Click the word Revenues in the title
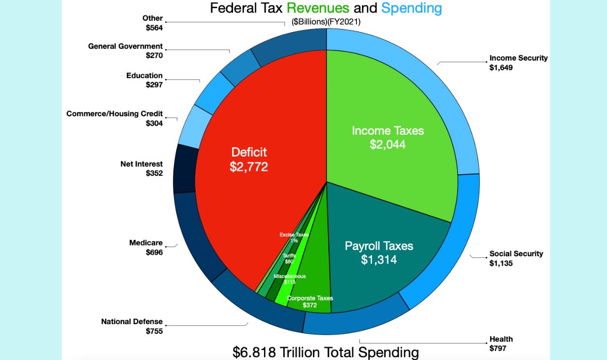pyautogui.click(x=318, y=8)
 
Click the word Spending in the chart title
pyautogui.click(x=411, y=8)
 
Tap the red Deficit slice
pyautogui.click(x=249, y=159)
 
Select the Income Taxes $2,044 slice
pyautogui.click(x=388, y=137)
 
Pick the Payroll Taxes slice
pyautogui.click(x=379, y=252)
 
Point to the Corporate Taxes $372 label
pyautogui.click(x=310, y=302)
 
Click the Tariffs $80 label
pyautogui.click(x=289, y=258)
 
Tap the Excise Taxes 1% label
pyautogui.click(x=294, y=237)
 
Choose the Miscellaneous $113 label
pyautogui.click(x=290, y=279)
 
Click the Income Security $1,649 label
pyautogui.click(x=518, y=63)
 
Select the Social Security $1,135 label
pyautogui.click(x=516, y=258)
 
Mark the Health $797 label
pyautogui.click(x=501, y=344)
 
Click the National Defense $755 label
pyautogui.click(x=132, y=326)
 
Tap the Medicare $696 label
pyautogui.click(x=146, y=247)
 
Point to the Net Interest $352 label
pyautogui.click(x=142, y=169)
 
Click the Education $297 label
pyautogui.click(x=145, y=80)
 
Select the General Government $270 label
pyautogui.click(x=125, y=51)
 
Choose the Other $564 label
pyautogui.click(x=153, y=23)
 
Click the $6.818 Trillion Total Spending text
pyautogui.click(x=326, y=352)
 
